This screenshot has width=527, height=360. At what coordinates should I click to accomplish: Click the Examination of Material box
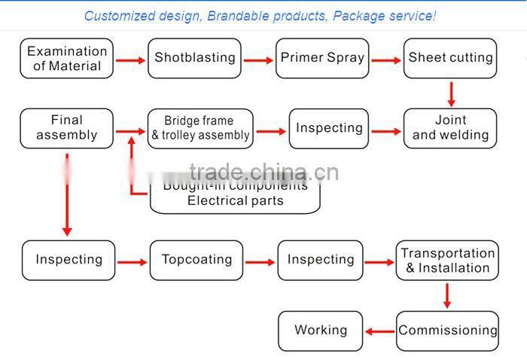(x=67, y=59)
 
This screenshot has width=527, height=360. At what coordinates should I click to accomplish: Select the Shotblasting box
(x=195, y=58)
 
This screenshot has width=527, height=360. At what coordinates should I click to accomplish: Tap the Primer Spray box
(x=322, y=58)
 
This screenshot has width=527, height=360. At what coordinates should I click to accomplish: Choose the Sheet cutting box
(x=450, y=58)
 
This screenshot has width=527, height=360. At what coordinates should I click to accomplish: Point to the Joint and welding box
(x=450, y=128)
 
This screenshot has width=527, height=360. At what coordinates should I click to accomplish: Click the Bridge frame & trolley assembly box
(x=200, y=129)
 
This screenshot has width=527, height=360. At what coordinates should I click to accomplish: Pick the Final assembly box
(x=67, y=128)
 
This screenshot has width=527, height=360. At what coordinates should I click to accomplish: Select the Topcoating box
(x=196, y=260)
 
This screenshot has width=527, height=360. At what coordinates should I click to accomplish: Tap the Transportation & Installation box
(x=447, y=261)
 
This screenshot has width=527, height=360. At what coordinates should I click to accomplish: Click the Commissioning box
(x=447, y=331)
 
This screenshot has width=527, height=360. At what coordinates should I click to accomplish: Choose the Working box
(x=321, y=331)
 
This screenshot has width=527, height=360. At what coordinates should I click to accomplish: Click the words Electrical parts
(x=235, y=201)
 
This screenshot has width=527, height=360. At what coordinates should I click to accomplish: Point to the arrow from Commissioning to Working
(x=380, y=331)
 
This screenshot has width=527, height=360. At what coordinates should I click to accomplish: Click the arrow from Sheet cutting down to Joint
(x=451, y=93)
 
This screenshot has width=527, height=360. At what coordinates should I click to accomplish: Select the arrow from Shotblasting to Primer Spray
(x=258, y=60)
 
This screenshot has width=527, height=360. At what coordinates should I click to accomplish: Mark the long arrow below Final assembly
(x=67, y=196)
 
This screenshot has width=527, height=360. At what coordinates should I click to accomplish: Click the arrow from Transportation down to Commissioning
(x=447, y=295)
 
